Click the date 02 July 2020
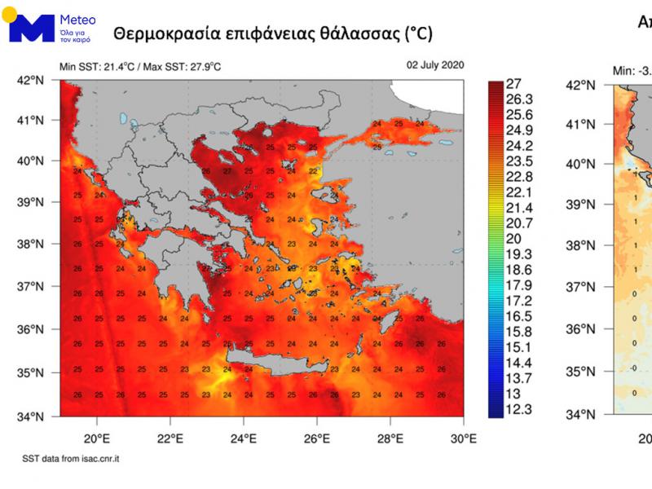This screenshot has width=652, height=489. click(x=435, y=65)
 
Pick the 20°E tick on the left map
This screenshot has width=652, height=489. click(x=97, y=438)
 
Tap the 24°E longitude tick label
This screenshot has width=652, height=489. click(x=244, y=438)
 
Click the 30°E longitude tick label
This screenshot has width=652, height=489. click(x=463, y=438)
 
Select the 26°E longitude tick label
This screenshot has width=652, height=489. click(x=317, y=438)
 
